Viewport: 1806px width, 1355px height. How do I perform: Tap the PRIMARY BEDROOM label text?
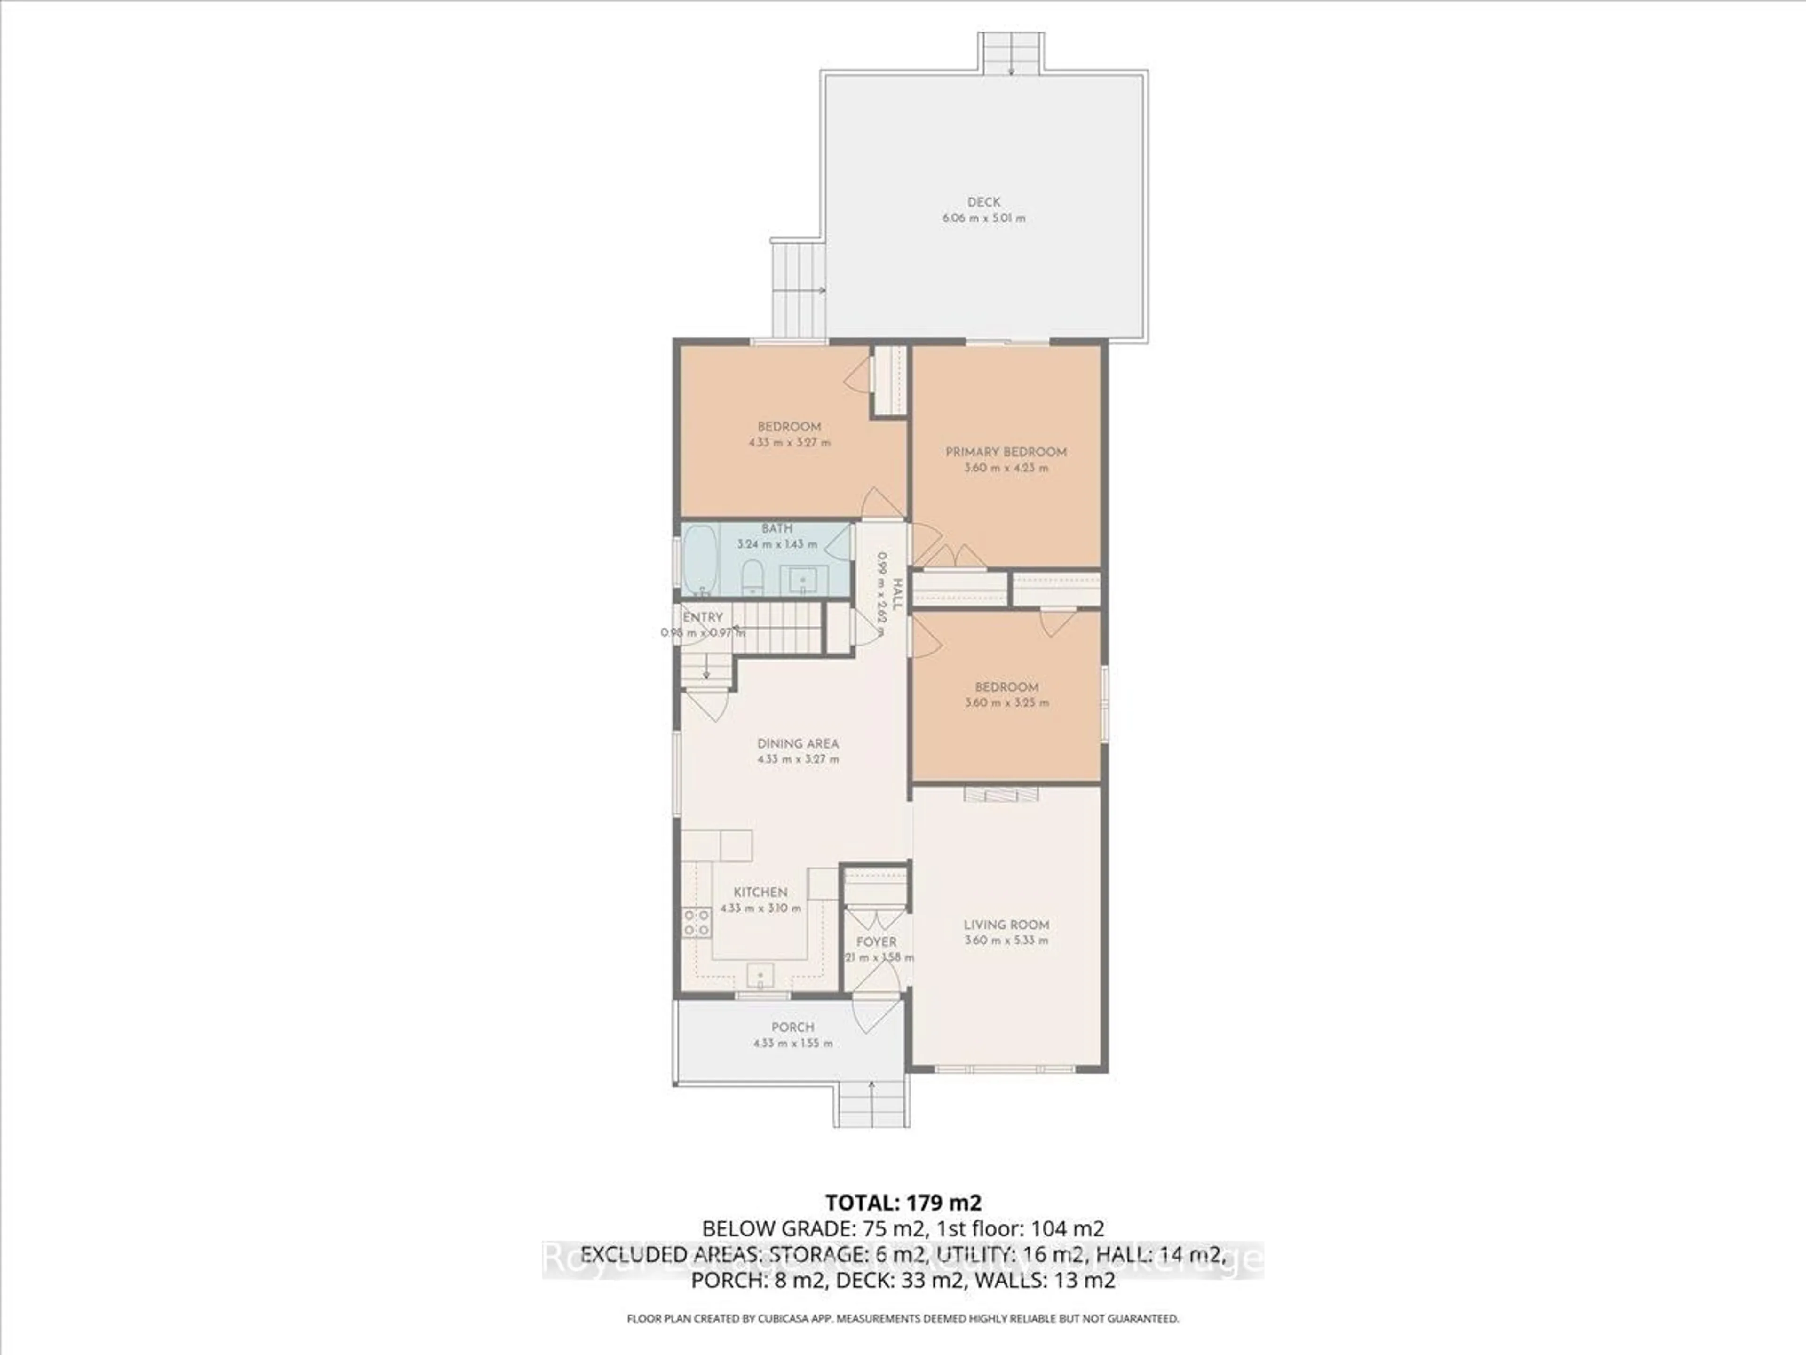pyautogui.click(x=1006, y=452)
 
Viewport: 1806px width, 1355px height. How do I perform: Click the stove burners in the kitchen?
pyautogui.click(x=697, y=923)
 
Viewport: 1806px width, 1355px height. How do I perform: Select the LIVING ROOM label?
pyautogui.click(x=1006, y=925)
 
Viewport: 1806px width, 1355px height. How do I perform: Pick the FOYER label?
pyautogui.click(x=876, y=942)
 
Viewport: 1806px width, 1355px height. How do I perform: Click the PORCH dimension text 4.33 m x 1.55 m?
pyautogui.click(x=793, y=1043)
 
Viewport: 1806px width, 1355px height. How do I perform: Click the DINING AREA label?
pyautogui.click(x=798, y=743)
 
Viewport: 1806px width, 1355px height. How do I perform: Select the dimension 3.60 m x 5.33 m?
pyautogui.click(x=1006, y=940)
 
